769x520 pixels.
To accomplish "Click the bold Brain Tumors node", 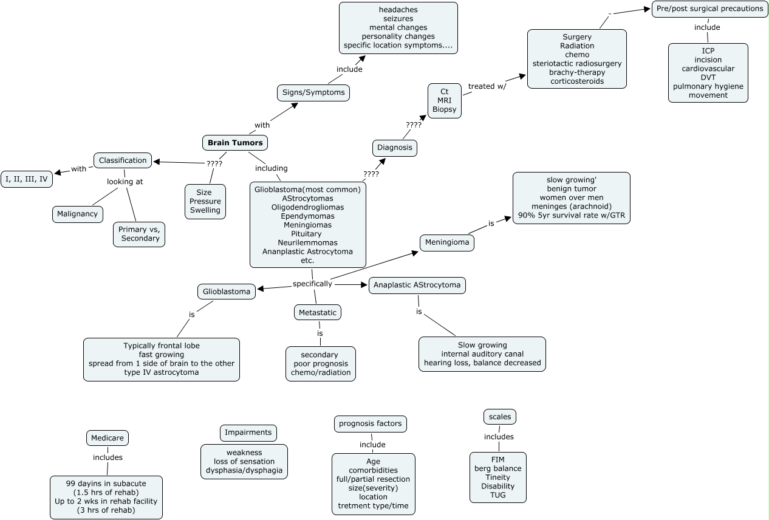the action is (x=235, y=143).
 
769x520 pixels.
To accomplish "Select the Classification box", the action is (x=123, y=160).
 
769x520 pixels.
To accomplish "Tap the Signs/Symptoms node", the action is (x=313, y=93).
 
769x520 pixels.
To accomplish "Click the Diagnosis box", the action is (x=395, y=148).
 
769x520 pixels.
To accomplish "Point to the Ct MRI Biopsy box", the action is (x=445, y=101).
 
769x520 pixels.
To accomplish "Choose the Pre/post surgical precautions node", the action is (x=710, y=9).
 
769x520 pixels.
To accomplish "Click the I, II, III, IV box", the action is (x=27, y=179).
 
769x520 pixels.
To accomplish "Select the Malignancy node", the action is (x=78, y=214).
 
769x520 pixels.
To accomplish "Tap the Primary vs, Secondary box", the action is (x=139, y=234).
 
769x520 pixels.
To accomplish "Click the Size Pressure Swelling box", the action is (x=205, y=202).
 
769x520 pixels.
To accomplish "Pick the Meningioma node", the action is (x=447, y=242).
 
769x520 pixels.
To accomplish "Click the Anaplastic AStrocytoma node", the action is (x=417, y=286).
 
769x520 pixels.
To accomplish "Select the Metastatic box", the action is (x=318, y=312).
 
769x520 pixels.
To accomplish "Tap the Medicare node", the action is (x=108, y=438).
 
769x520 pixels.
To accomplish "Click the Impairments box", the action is (x=248, y=433).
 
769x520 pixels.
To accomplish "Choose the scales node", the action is (x=500, y=417).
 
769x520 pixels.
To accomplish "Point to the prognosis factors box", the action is (x=371, y=424).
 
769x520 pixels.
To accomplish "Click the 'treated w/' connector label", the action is (x=487, y=86).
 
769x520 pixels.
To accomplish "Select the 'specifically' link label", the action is (x=312, y=284).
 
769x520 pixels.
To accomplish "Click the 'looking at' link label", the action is (x=125, y=182).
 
